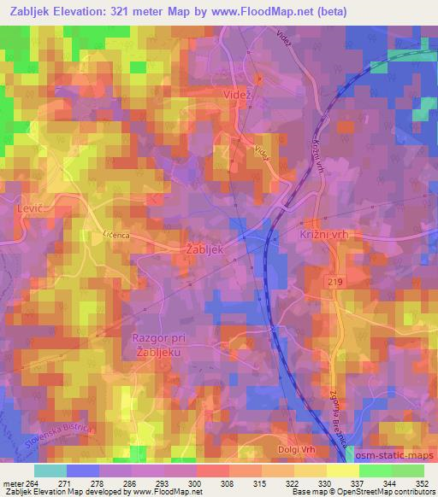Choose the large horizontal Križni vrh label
[326, 234]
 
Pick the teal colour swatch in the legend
[50, 471]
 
